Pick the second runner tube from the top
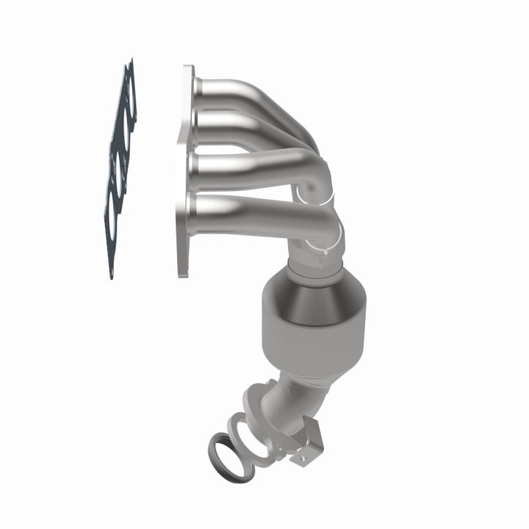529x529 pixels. pyautogui.click(x=235, y=121)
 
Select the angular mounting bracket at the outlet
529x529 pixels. pyautogui.click(x=309, y=445)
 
